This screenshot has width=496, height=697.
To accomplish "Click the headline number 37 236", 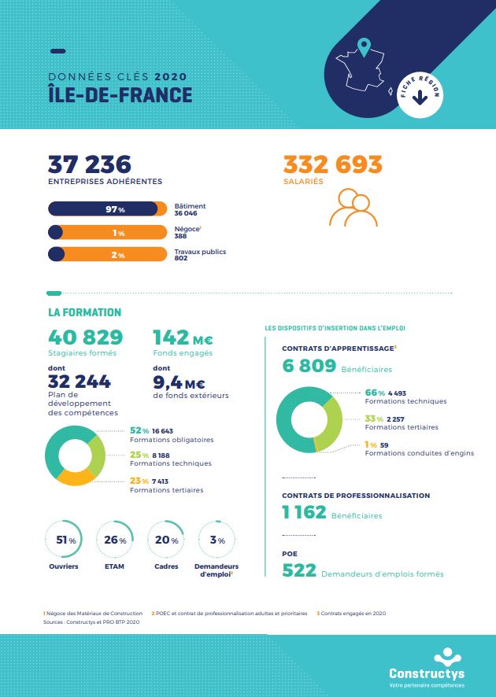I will tap(90, 164).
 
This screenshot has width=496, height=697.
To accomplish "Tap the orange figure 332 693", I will tap(332, 164).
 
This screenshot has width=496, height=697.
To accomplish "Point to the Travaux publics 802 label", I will tap(200, 255).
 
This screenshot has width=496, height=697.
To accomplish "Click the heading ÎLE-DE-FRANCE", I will tap(120, 95).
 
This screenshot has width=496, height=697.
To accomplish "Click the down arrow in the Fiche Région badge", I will tap(419, 98).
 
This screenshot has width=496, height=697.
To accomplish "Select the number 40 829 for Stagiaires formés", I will tap(86, 337).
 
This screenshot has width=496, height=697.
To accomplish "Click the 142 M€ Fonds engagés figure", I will tap(183, 338).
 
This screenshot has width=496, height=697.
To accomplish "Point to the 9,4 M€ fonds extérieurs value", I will tap(179, 382).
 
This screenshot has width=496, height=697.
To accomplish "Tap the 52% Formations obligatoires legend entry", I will tap(170, 435).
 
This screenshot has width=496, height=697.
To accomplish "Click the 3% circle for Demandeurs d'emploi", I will tap(217, 540).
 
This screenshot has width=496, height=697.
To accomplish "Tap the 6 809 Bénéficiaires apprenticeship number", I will tap(309, 366).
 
